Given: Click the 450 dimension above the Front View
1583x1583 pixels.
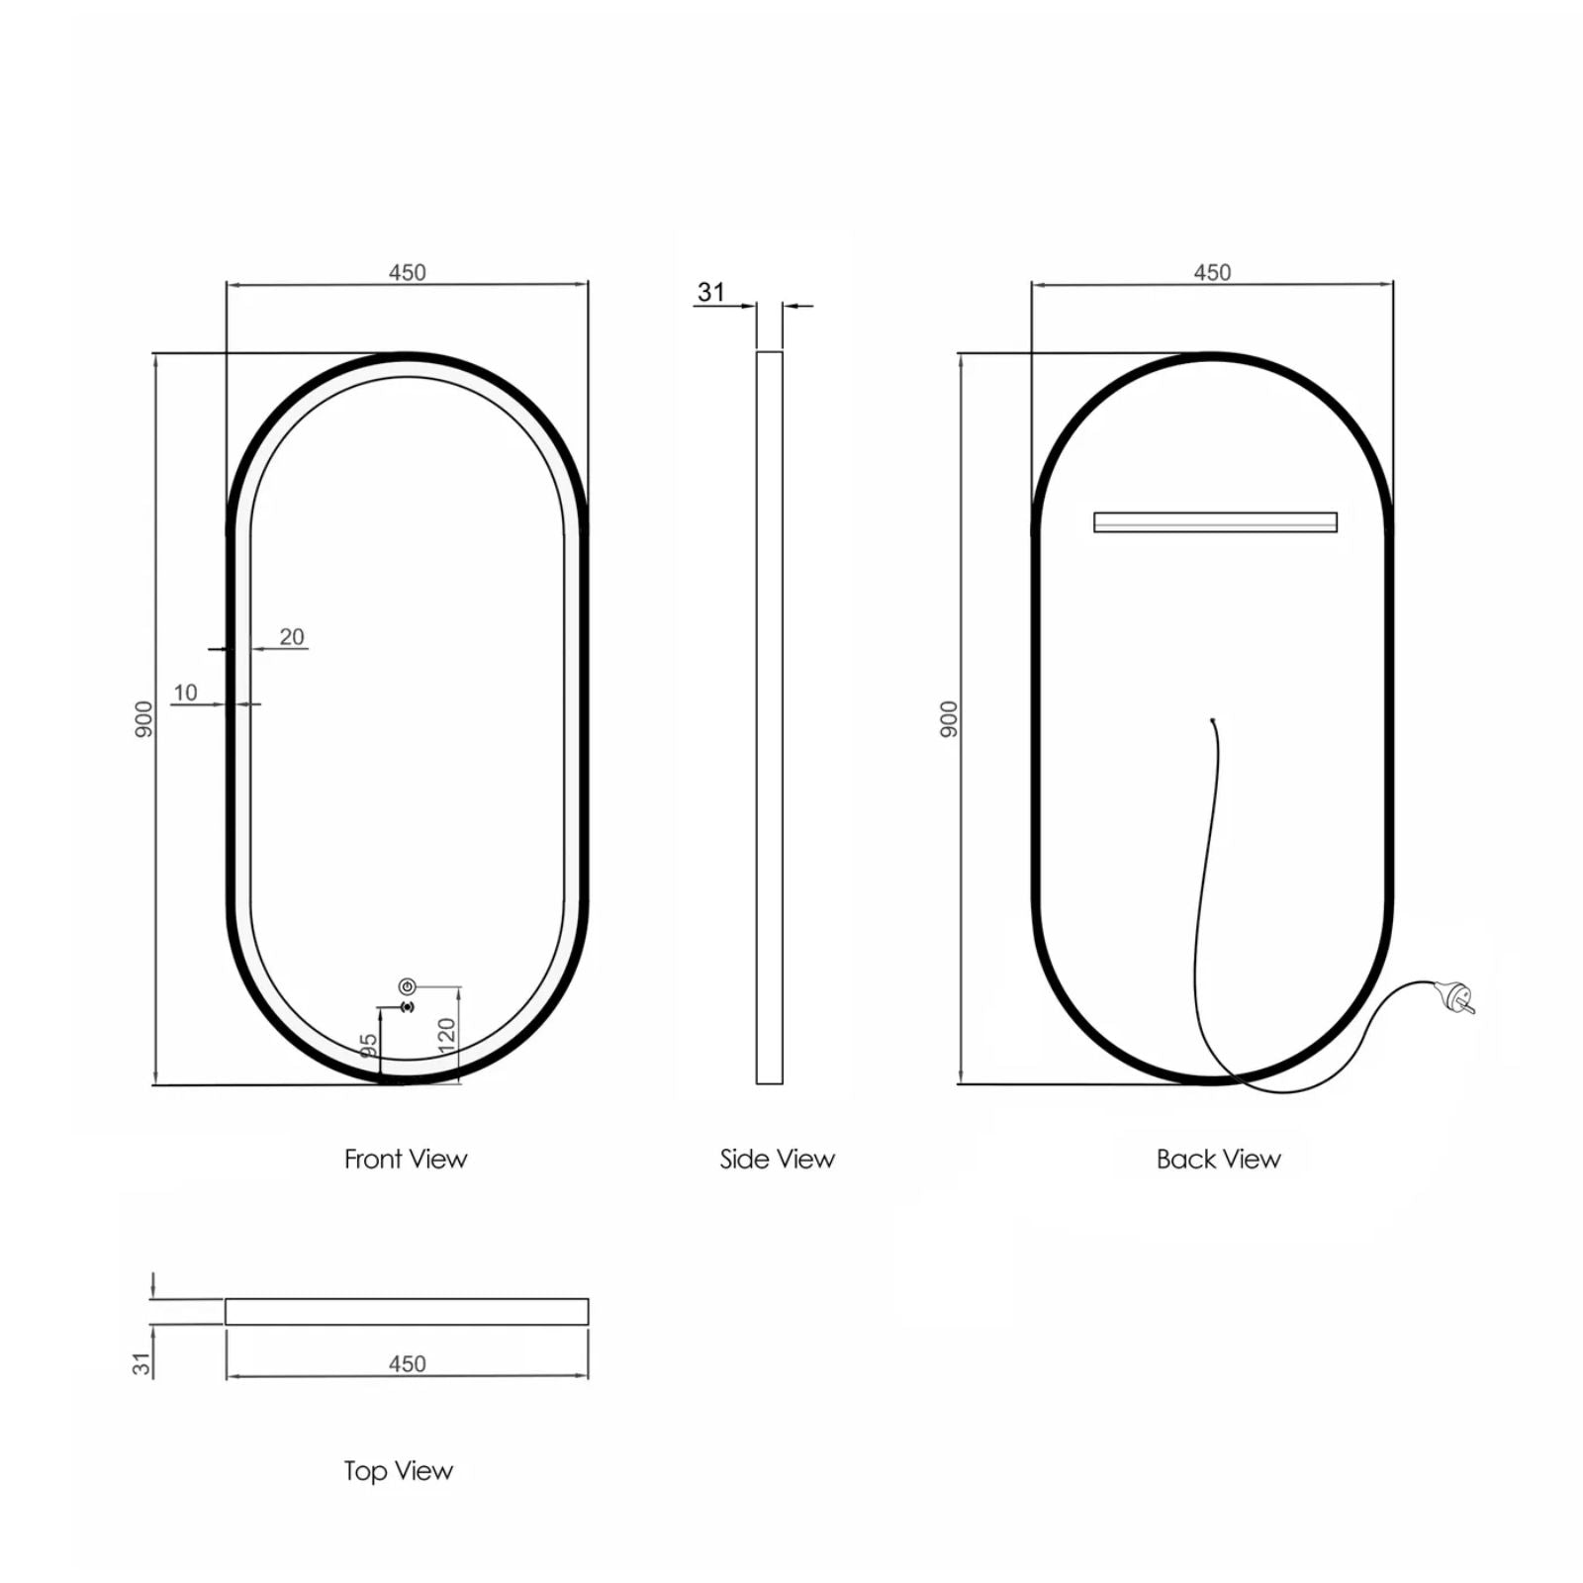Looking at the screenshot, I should pyautogui.click(x=407, y=272).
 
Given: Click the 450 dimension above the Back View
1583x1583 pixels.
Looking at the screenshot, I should pyautogui.click(x=1212, y=272).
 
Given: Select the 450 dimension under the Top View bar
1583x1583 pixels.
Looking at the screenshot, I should pyautogui.click(x=407, y=1363).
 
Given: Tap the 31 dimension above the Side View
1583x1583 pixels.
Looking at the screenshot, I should pyautogui.click(x=711, y=292).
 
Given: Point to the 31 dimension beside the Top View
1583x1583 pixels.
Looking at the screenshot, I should pyautogui.click(x=142, y=1363).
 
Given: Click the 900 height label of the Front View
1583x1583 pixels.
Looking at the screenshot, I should pyautogui.click(x=144, y=718).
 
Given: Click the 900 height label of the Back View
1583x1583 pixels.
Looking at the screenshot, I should pyautogui.click(x=950, y=718).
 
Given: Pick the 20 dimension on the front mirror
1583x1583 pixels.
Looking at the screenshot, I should pyautogui.click(x=292, y=636).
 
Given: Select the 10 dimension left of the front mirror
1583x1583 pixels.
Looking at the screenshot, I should pyautogui.click(x=185, y=693).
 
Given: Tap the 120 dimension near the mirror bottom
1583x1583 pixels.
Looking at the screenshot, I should pyautogui.click(x=447, y=1035).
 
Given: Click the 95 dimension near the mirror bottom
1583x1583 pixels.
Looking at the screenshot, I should pyautogui.click(x=368, y=1047).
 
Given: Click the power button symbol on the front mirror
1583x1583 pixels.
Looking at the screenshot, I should pyautogui.click(x=407, y=986).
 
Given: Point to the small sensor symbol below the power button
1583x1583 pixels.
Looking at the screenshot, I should pyautogui.click(x=407, y=1007).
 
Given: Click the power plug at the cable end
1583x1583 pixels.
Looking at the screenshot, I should pyautogui.click(x=1458, y=996).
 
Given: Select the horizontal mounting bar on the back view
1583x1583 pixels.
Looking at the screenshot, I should pyautogui.click(x=1215, y=521).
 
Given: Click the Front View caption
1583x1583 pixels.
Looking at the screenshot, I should pyautogui.click(x=406, y=1159).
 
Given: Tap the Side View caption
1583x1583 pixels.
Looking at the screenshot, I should pyautogui.click(x=777, y=1159).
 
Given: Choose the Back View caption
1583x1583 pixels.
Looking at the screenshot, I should pyautogui.click(x=1218, y=1159).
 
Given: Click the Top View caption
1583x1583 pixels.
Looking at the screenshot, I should pyautogui.click(x=398, y=1470).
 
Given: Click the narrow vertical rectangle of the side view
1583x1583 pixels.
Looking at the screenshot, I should pyautogui.click(x=769, y=717).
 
